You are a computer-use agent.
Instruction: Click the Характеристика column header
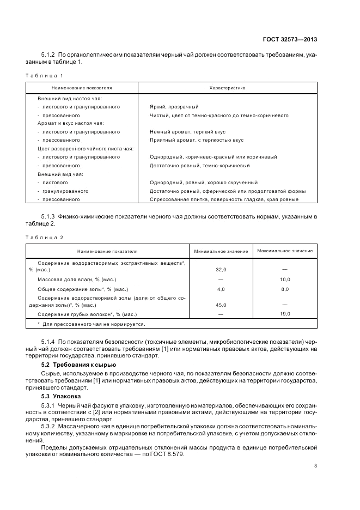click(x=227, y=88)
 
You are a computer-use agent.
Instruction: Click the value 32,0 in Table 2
click(x=221, y=270)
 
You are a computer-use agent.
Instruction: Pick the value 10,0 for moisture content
click(x=285, y=279)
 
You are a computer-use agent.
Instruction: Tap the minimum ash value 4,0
click(x=221, y=289)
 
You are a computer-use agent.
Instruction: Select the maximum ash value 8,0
click(x=285, y=289)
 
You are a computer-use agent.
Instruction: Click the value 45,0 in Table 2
click(x=221, y=305)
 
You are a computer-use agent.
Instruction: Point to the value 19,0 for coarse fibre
click(x=285, y=314)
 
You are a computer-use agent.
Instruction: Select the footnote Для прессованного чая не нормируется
click(x=93, y=324)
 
